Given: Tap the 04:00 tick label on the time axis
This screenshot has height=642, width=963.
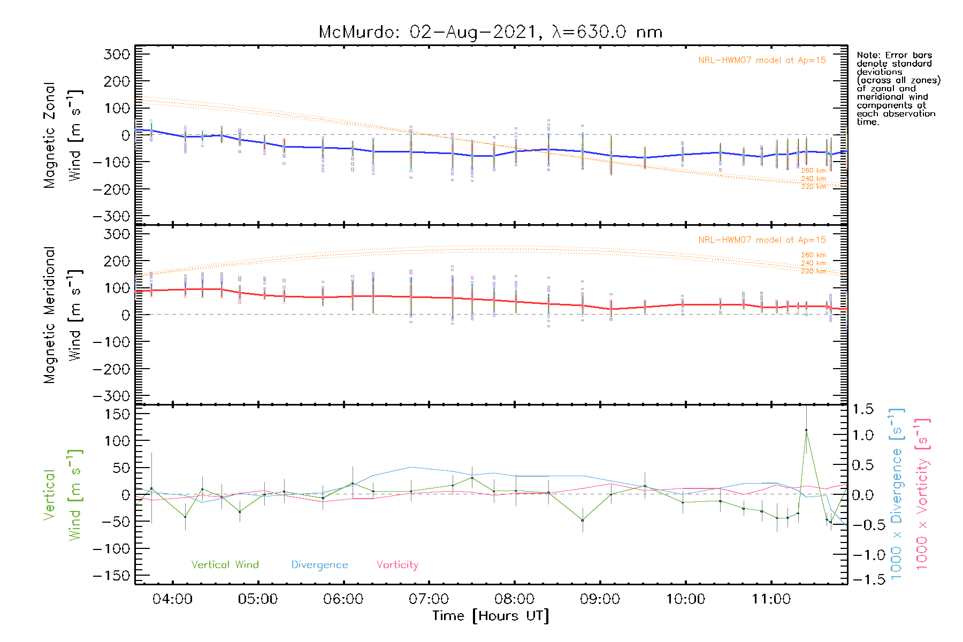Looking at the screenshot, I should [x=172, y=599].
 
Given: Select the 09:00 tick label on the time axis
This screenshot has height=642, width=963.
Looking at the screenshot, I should [x=600, y=599].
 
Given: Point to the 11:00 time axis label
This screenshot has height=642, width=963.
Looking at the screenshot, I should [x=771, y=599].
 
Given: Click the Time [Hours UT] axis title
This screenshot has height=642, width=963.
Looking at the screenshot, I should [x=490, y=616].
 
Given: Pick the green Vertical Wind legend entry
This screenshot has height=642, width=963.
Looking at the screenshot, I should [x=225, y=565].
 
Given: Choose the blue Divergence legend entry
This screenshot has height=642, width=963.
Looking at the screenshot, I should [x=319, y=565].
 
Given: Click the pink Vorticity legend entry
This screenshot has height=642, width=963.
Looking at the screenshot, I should [x=397, y=565].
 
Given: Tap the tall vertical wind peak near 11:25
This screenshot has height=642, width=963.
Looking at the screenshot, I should [x=806, y=430].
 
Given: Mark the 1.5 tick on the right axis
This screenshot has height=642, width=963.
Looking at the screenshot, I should [x=862, y=409].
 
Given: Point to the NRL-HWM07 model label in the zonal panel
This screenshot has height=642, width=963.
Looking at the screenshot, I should [x=762, y=60].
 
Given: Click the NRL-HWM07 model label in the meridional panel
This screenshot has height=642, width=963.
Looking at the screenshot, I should [x=762, y=240].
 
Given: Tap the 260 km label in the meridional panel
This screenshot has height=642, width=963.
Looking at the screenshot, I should [x=813, y=255].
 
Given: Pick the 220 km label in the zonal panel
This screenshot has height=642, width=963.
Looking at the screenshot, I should [x=813, y=187].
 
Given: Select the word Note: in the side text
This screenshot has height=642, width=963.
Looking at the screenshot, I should [x=868, y=55].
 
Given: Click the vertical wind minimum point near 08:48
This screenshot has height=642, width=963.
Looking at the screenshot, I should [x=583, y=520].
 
